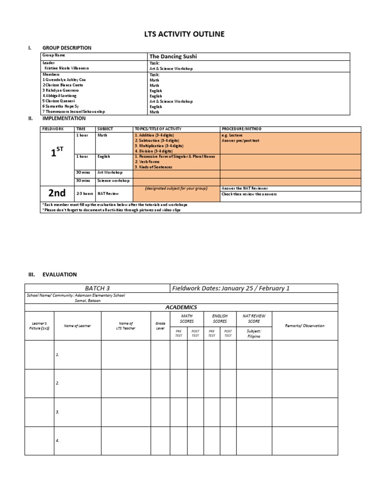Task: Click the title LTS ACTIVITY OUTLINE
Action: [x=184, y=34]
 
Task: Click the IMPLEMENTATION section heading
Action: [x=64, y=118]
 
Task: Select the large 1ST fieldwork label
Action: [x=57, y=153]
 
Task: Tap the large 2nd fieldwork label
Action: [x=57, y=193]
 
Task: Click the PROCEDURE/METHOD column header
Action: [x=241, y=129]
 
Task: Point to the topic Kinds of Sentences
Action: [x=153, y=167]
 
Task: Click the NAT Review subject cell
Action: [x=108, y=193]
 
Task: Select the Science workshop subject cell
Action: [x=113, y=181]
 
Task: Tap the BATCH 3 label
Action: [x=98, y=288]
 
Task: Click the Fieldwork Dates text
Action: [x=230, y=288]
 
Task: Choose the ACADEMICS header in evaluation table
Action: [x=181, y=307]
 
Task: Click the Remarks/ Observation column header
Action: [x=305, y=325]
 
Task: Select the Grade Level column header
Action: [x=160, y=326]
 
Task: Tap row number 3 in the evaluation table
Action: [x=57, y=412]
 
